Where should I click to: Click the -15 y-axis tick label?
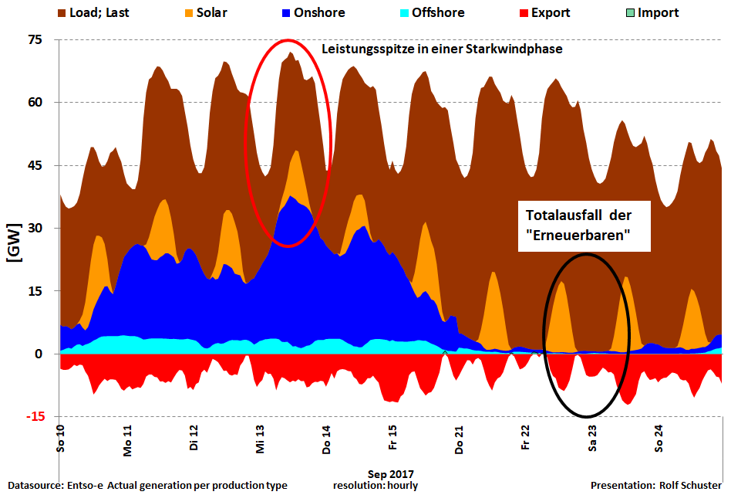coord(35,417)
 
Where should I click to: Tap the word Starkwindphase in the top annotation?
coord(516,49)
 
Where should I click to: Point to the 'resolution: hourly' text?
coord(382,486)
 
